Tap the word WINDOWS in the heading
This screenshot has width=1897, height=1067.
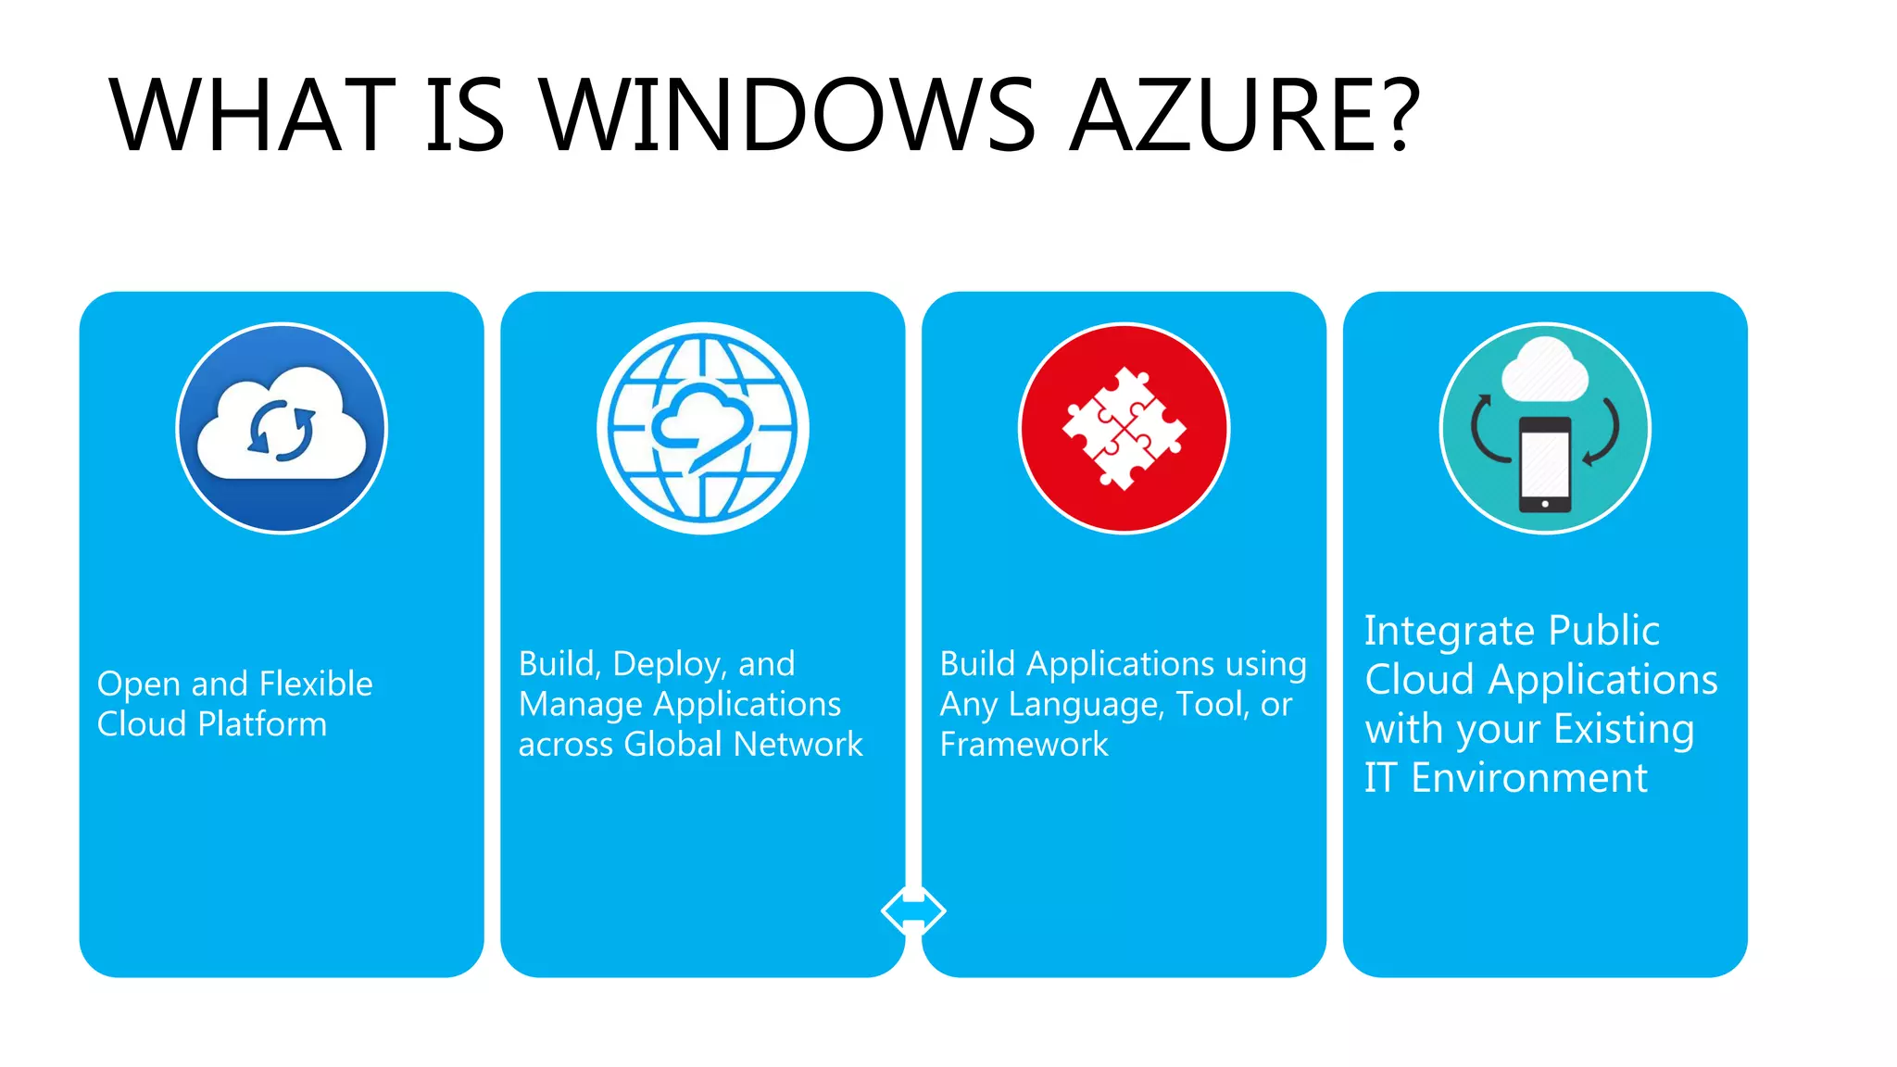[787, 116]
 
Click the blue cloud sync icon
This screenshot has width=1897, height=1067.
[282, 428]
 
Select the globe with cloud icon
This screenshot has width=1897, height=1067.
[703, 428]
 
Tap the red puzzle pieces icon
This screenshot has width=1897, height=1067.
[1124, 428]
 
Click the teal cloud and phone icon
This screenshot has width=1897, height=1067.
[1545, 428]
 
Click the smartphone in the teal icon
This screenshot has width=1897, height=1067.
[1545, 464]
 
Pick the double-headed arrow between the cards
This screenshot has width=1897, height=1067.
[913, 910]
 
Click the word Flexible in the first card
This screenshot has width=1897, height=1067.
[316, 684]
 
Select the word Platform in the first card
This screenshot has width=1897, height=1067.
[262, 724]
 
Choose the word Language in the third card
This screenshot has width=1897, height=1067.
[1085, 705]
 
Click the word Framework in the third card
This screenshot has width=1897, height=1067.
[1024, 745]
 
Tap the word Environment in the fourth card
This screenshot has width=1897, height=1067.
[1529, 778]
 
